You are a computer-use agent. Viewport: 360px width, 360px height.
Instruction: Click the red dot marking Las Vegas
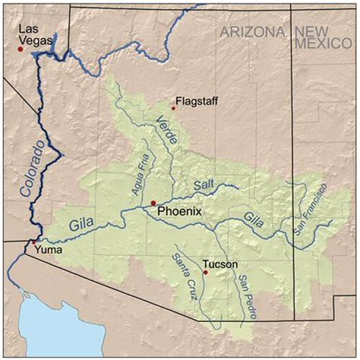[x=21, y=49]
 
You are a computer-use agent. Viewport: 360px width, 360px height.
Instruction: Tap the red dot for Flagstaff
[x=173, y=108]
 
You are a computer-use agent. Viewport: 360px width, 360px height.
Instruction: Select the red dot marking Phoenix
[x=153, y=203]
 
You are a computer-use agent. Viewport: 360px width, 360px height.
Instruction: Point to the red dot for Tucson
[x=205, y=271]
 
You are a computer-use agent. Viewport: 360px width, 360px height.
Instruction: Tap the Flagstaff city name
[x=197, y=100]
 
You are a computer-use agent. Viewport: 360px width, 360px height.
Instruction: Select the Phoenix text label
[x=179, y=213]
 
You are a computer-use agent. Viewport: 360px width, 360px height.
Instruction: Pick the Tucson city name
[x=220, y=264]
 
